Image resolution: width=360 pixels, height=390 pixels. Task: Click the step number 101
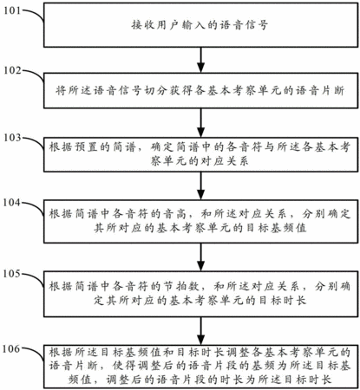(12, 11)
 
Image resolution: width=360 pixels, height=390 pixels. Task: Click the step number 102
(12, 70)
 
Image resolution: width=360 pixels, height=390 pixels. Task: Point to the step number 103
(12, 138)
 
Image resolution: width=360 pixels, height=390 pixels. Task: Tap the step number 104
(12, 203)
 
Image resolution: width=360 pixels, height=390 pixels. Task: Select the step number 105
(12, 274)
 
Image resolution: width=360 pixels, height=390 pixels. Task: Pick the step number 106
(12, 349)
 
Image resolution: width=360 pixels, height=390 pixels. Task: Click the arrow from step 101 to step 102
(200, 60)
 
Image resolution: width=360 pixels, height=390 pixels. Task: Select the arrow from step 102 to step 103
(200, 123)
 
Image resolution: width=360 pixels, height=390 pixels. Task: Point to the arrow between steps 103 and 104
(200, 185)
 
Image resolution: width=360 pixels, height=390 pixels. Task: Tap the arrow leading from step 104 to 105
(200, 257)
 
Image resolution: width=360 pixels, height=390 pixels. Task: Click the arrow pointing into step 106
(200, 331)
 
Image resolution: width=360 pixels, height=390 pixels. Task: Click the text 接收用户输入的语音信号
(200, 25)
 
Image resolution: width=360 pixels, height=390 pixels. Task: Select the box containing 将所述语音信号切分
(200, 91)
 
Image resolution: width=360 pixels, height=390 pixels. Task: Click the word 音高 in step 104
(176, 214)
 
